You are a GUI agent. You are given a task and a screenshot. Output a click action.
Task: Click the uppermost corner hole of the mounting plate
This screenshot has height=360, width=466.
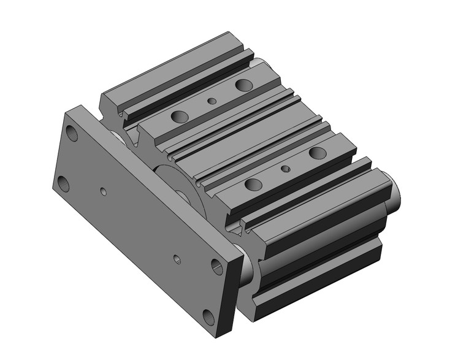coord(73,132)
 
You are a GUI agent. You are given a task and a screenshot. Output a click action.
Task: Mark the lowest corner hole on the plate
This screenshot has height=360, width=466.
coord(208,317)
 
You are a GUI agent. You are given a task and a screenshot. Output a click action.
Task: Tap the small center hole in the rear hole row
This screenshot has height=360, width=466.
coord(212,101)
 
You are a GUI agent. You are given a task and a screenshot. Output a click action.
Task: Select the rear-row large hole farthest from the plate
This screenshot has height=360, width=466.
coord(243,85)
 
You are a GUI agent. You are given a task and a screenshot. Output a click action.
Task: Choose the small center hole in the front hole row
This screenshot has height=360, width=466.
coord(285,167)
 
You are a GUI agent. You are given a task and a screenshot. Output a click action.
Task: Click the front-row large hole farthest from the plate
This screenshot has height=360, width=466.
coord(317,152)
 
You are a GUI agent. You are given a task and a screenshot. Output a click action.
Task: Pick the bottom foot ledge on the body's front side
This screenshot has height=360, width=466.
coord(319,288)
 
